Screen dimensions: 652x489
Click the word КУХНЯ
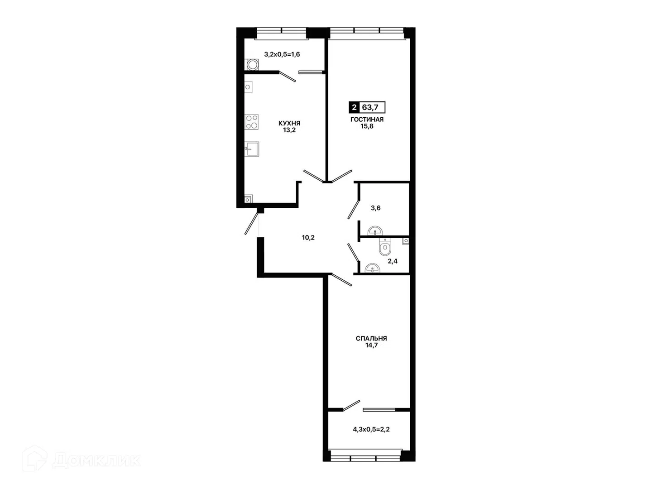289,123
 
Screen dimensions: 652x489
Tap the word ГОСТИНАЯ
367,120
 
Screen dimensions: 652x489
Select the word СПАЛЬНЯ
371,338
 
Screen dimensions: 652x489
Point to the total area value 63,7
370,107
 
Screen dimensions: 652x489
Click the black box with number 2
354,107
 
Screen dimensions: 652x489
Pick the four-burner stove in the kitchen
252,122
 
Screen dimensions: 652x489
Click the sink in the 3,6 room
375,231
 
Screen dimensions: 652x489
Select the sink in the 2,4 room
372,268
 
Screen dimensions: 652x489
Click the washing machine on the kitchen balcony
252,65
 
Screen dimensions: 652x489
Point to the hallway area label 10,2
308,238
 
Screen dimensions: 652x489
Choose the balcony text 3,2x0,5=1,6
282,54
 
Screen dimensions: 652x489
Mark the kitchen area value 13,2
289,130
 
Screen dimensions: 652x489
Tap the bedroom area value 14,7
371,345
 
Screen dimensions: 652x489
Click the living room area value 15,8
367,126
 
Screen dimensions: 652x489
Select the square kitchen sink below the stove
252,149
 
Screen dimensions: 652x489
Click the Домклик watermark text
96,460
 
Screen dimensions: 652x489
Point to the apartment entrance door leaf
251,224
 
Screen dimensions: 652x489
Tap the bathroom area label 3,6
375,208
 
